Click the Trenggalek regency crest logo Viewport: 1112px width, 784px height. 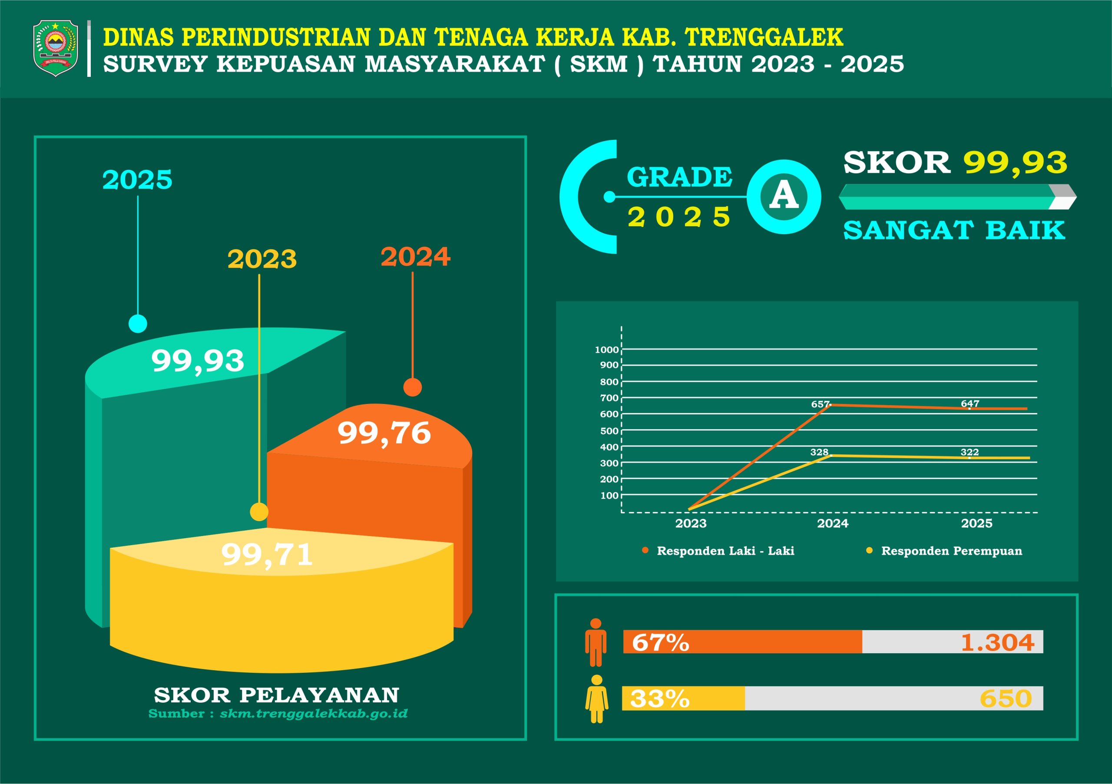pyautogui.click(x=55, y=48)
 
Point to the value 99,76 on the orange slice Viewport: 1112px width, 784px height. pyautogui.click(x=384, y=433)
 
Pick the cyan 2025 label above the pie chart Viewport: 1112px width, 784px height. pyautogui.click(x=137, y=179)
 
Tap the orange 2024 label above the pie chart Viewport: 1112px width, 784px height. pyautogui.click(x=416, y=257)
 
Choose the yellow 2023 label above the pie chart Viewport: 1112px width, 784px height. pyautogui.click(x=262, y=259)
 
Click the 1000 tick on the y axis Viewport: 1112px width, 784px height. pyautogui.click(x=607, y=350)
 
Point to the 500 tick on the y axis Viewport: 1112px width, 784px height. pyautogui.click(x=609, y=431)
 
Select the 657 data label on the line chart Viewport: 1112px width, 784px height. pyautogui.click(x=821, y=404)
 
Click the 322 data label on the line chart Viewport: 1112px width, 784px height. pyautogui.click(x=970, y=452)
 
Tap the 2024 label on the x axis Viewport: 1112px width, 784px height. pyautogui.click(x=833, y=523)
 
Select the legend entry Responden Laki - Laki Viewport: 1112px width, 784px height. pyautogui.click(x=719, y=551)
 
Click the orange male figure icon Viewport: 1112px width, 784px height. pyautogui.click(x=596, y=642)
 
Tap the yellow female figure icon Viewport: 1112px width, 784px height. pyautogui.click(x=597, y=699)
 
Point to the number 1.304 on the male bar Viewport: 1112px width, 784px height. pyautogui.click(x=998, y=642)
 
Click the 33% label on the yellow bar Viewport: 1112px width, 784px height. pyautogui.click(x=660, y=698)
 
